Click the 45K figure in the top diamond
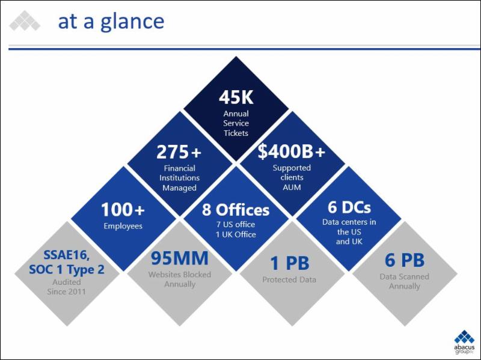[x=236, y=97]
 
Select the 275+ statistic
[x=179, y=152]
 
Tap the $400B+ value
[x=292, y=151]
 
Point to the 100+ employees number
[x=123, y=209]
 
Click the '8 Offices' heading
[x=236, y=210]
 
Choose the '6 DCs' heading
[x=349, y=207]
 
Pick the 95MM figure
[x=179, y=258]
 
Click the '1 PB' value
[x=290, y=263]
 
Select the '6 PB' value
[x=405, y=260]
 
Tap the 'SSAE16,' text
[x=67, y=255]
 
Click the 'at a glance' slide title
[x=111, y=22]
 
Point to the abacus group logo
[x=464, y=342]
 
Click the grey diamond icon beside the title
[x=25, y=20]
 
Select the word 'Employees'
[x=123, y=227]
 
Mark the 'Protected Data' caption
[x=289, y=279]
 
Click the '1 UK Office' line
[x=236, y=234]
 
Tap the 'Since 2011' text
[x=66, y=291]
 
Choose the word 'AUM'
[x=292, y=188]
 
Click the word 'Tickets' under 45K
[x=236, y=133]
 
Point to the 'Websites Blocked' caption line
[x=179, y=275]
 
